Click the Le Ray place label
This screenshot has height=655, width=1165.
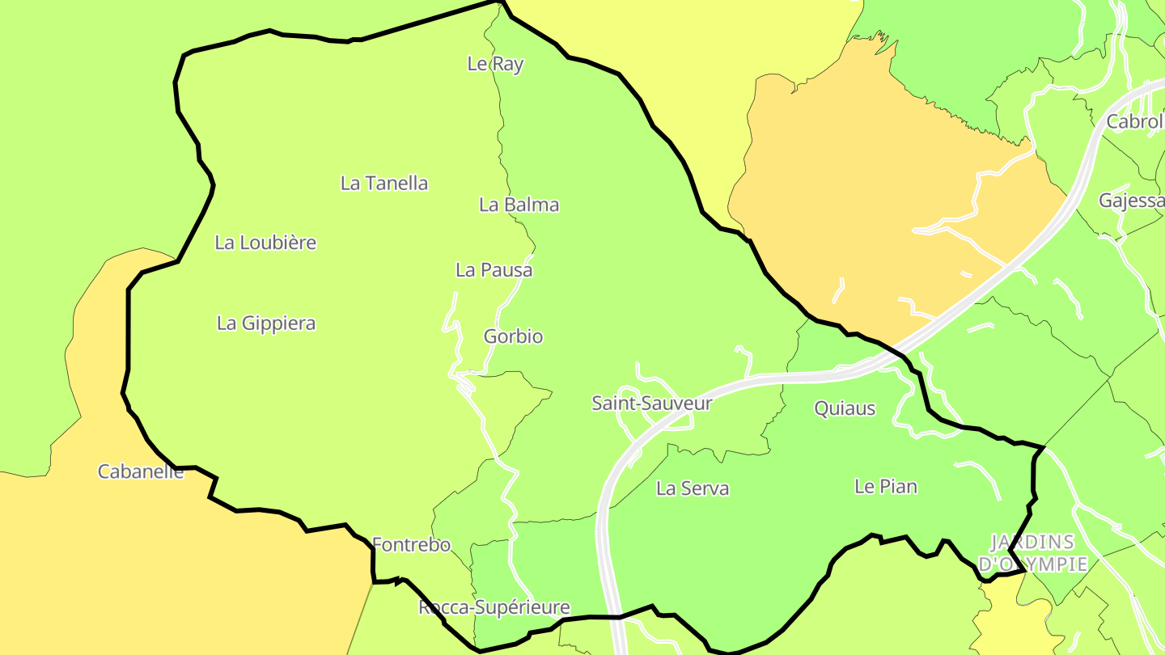pyautogui.click(x=495, y=64)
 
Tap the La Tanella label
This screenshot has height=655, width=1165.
pyautogui.click(x=384, y=184)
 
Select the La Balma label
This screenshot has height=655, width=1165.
pyautogui.click(x=519, y=205)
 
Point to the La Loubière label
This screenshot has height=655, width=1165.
pyautogui.click(x=265, y=243)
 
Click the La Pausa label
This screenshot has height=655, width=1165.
pyautogui.click(x=494, y=270)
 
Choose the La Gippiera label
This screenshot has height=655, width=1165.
pyautogui.click(x=266, y=323)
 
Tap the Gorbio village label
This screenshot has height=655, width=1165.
pyautogui.click(x=513, y=336)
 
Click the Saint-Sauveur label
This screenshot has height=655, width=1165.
pyautogui.click(x=652, y=403)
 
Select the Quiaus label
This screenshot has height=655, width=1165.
pyautogui.click(x=845, y=408)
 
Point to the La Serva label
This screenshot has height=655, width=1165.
pyautogui.click(x=693, y=488)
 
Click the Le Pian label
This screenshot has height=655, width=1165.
pyautogui.click(x=886, y=487)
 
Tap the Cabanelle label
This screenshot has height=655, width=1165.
pyautogui.click(x=141, y=471)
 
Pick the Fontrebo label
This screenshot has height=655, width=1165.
pyautogui.click(x=411, y=545)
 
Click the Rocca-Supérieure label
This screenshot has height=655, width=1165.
pyautogui.click(x=494, y=607)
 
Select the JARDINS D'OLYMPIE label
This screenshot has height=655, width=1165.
pyautogui.click(x=1033, y=553)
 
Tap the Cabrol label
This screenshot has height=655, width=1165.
pyautogui.click(x=1134, y=122)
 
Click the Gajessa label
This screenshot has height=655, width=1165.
pyautogui.click(x=1131, y=201)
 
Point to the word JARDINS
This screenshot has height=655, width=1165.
pyautogui.click(x=1033, y=542)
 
